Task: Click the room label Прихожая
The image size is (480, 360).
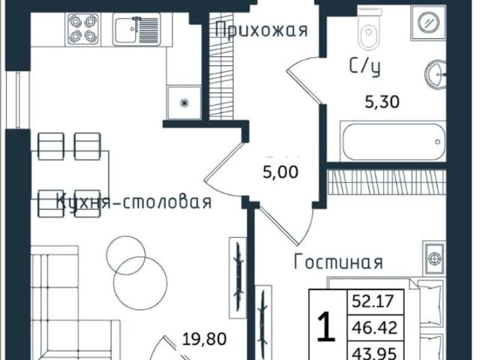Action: [261, 30]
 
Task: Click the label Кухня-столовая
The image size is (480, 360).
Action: [134, 202]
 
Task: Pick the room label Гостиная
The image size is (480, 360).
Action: [338, 262]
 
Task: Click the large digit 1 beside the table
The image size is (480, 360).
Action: [325, 328]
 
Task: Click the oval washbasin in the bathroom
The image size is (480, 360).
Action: [437, 75]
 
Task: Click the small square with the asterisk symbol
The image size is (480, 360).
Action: [183, 103]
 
